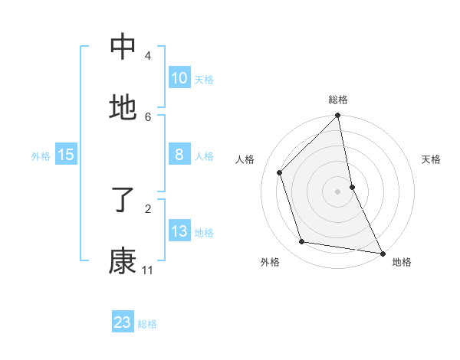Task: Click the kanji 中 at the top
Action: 123,47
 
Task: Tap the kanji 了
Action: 123,201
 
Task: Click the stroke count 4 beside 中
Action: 147,55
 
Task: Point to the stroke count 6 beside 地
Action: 147,116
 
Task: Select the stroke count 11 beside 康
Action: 147,270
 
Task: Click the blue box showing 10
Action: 179,78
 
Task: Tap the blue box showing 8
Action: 179,155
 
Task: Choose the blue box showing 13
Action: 179,231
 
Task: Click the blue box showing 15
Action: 66,155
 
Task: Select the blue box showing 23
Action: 123,322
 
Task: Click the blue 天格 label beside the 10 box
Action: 204,79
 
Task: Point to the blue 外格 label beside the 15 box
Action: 41,155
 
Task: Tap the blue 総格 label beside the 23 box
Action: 147,323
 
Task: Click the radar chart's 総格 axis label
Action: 338,100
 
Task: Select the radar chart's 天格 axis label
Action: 432,159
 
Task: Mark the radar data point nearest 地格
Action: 382,253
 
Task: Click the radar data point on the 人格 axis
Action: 280,172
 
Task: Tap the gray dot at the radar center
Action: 338,191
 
